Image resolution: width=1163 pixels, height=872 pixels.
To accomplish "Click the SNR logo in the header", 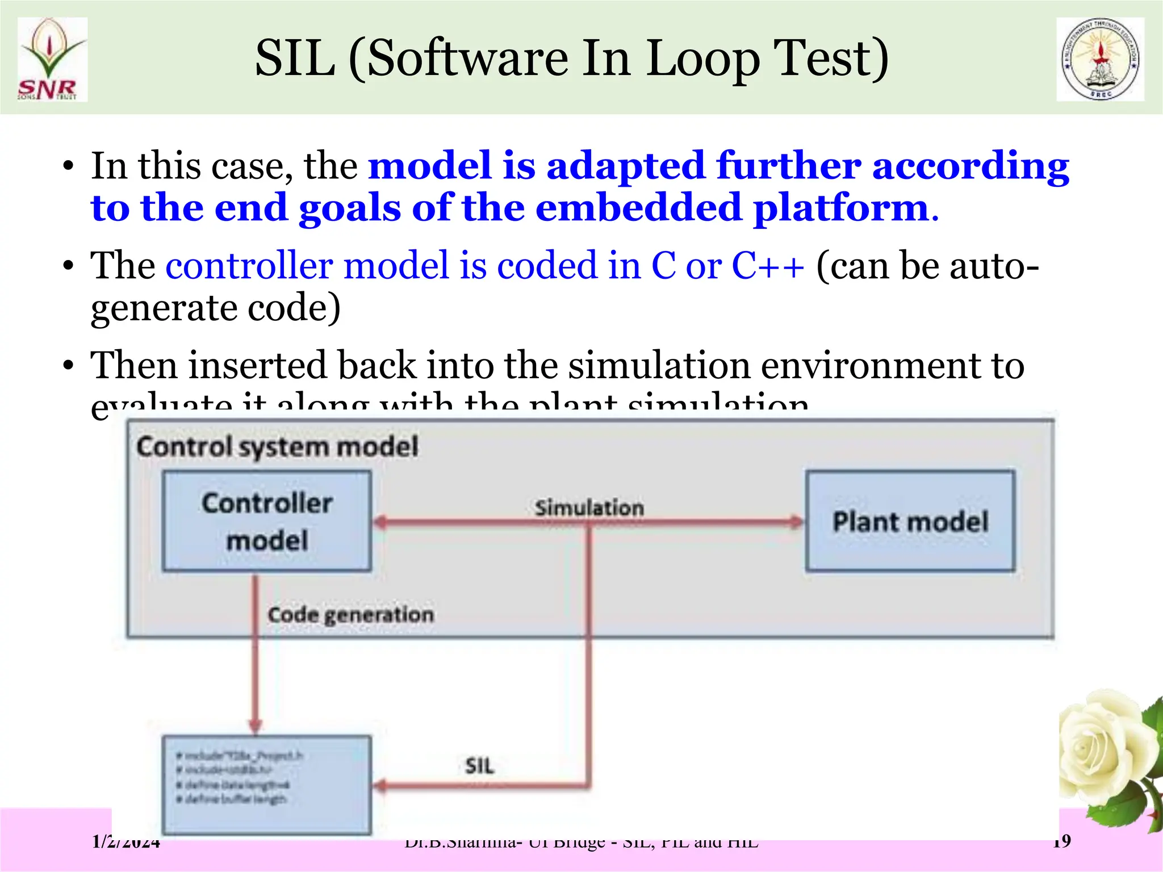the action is click(x=52, y=60).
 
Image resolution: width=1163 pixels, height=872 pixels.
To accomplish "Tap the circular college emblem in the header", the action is click(x=1100, y=59).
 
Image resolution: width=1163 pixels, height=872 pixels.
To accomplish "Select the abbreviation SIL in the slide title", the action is click(x=295, y=58).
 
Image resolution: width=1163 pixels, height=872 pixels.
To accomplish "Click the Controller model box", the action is click(x=267, y=521).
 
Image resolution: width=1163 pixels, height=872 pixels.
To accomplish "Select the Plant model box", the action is click(x=910, y=521).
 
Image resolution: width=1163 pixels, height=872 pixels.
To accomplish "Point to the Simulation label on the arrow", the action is click(x=589, y=507).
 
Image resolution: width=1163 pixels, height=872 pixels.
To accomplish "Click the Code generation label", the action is click(x=350, y=614).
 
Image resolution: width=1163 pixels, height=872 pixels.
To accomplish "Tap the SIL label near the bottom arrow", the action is click(x=479, y=766).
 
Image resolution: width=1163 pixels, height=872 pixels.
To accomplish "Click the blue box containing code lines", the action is click(x=267, y=784).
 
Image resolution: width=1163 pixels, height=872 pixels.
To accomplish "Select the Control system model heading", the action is click(x=277, y=446).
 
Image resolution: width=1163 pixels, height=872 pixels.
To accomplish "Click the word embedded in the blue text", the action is click(x=638, y=208).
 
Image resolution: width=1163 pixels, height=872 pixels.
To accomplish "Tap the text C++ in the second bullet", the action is click(x=767, y=265).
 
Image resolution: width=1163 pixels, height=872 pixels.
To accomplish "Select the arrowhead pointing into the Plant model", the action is click(x=797, y=522).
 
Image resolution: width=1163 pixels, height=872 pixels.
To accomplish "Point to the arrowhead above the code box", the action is click(x=256, y=725).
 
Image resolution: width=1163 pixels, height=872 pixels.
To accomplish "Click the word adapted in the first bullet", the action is click(x=625, y=166).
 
